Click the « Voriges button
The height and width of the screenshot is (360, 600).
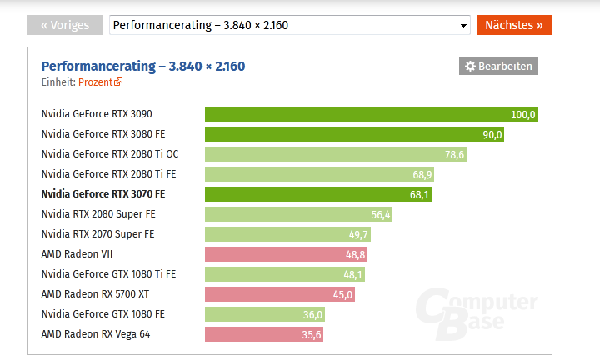65,25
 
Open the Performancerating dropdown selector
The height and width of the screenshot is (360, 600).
290,25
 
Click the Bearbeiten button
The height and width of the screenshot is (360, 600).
498,67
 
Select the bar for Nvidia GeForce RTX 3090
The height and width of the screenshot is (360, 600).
372,114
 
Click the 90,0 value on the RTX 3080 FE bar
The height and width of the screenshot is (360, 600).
492,134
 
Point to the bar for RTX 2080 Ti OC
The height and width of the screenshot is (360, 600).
336,154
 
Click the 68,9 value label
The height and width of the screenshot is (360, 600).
446,174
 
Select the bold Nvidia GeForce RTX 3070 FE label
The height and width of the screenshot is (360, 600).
103,194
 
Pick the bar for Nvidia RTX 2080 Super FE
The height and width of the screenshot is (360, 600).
298,214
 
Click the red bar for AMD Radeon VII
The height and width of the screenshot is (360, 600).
286,254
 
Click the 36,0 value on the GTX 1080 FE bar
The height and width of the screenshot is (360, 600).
313,314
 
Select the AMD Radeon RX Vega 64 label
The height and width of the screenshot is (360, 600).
97,334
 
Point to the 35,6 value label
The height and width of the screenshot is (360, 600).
312,334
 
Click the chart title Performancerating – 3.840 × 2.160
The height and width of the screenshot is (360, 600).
143,66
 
